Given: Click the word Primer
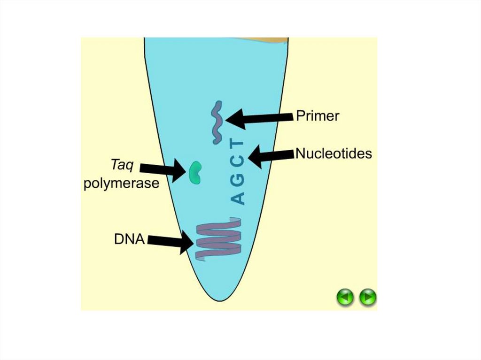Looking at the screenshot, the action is (318, 116).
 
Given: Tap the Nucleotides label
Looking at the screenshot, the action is (334, 153).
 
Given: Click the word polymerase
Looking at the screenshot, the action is (122, 184).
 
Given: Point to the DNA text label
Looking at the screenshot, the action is (129, 239).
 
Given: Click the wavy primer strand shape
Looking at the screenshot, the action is (217, 123).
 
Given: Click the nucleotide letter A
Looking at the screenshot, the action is (238, 198).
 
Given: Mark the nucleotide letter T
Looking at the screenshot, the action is (238, 145).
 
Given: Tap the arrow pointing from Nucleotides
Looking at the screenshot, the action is (271, 156).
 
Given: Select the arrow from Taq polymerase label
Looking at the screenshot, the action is (163, 169).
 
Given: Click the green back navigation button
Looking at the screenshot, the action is (345, 297).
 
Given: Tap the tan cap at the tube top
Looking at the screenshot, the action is (264, 40).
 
